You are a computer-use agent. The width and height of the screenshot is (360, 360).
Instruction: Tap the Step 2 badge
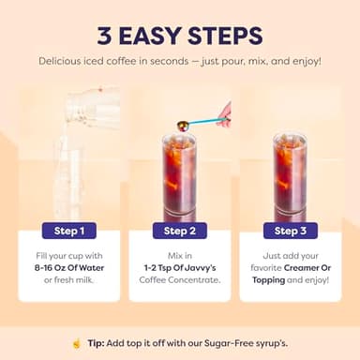(178, 231)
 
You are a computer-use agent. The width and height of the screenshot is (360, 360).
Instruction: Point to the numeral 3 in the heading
(107, 36)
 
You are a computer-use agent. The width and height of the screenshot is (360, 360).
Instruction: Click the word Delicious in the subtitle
(65, 61)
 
